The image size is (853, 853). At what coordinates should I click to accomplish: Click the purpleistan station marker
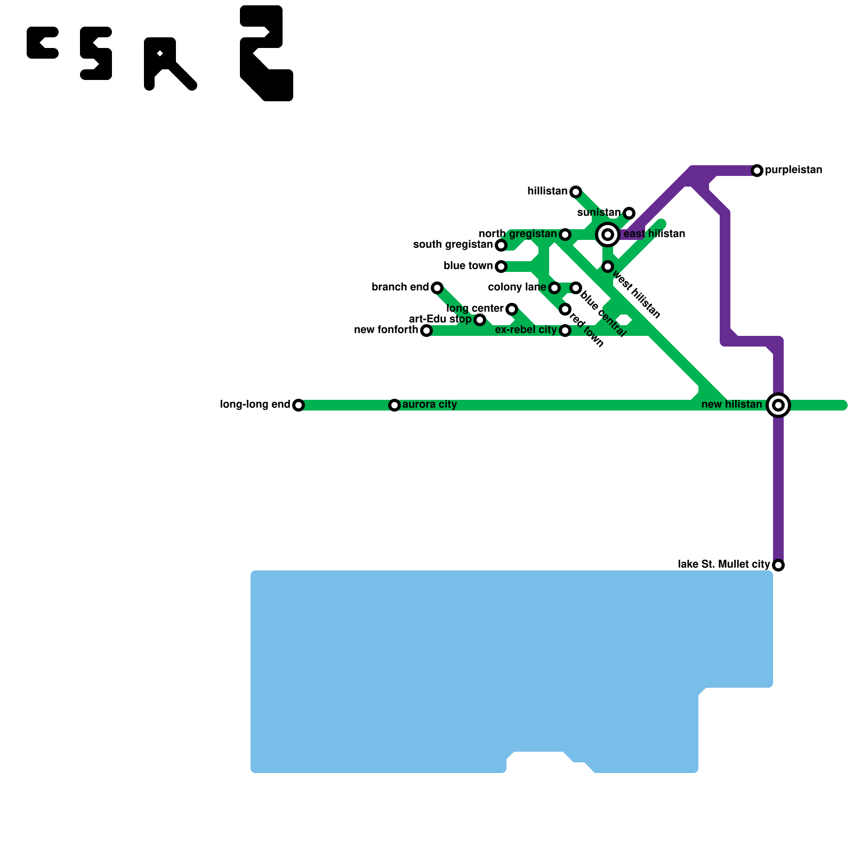(x=757, y=171)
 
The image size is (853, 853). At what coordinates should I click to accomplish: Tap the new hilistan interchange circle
(x=778, y=405)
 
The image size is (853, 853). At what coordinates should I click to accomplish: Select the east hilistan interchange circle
(x=607, y=234)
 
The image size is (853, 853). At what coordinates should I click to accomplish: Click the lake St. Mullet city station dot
(x=778, y=565)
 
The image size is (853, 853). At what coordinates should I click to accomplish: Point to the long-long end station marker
(x=299, y=405)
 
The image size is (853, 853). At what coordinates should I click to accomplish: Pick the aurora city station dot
(x=395, y=405)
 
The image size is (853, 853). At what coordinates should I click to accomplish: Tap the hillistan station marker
(x=576, y=192)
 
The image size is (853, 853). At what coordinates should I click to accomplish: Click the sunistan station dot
(x=629, y=213)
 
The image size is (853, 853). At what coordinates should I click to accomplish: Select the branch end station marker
(x=437, y=288)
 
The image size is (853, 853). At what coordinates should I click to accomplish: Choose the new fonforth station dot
(x=426, y=331)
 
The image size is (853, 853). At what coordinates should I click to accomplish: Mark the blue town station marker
(x=501, y=267)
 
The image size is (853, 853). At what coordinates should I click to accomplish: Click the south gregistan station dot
(x=501, y=245)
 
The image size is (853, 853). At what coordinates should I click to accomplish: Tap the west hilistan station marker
(x=608, y=267)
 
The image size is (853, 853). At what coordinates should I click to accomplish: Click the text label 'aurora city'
(x=430, y=405)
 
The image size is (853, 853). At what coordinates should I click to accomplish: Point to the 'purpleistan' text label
(x=793, y=170)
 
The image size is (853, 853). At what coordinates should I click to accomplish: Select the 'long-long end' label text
(x=255, y=405)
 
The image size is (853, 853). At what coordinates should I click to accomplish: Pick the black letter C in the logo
(x=42, y=43)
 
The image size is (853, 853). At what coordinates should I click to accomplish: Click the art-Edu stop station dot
(x=480, y=320)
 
